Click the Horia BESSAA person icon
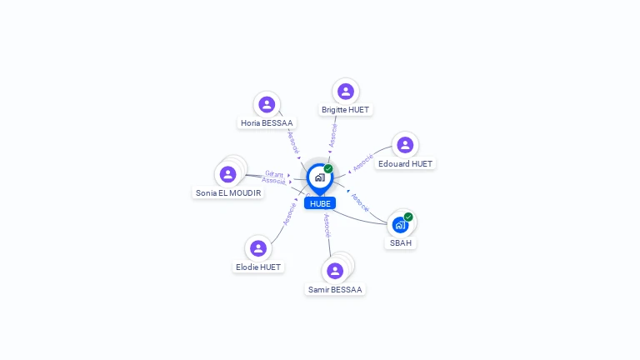click(267, 104)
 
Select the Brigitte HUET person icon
click(346, 91)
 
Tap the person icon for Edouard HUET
click(405, 145)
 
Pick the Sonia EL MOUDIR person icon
click(227, 174)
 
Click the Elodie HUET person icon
click(258, 248)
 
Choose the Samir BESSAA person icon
click(335, 271)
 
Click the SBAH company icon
click(400, 225)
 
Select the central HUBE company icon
click(319, 177)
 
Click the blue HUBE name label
click(320, 203)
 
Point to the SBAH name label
click(401, 243)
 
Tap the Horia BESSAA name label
click(267, 122)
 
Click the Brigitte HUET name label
click(346, 109)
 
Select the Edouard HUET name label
click(405, 164)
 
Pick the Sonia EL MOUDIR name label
click(228, 192)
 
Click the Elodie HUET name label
click(258, 267)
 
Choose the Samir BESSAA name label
click(335, 290)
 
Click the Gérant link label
click(274, 173)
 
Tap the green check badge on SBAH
click(408, 217)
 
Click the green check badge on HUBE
click(328, 168)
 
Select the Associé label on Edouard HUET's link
click(362, 162)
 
